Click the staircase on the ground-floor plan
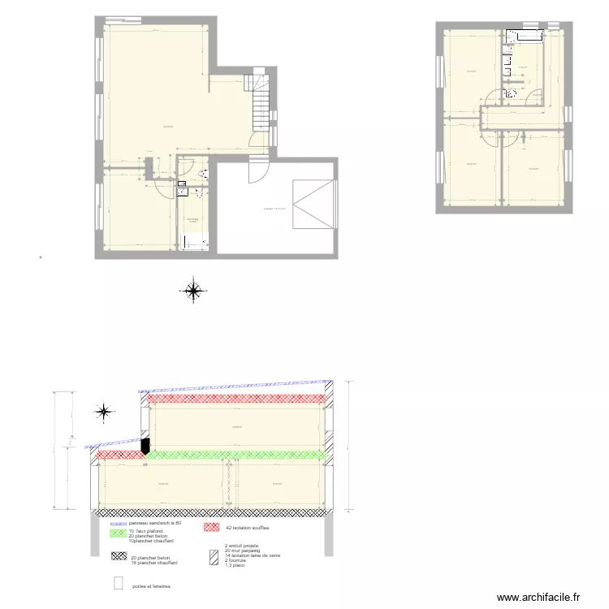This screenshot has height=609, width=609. tap(260, 101)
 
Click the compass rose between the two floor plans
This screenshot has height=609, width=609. tap(193, 290)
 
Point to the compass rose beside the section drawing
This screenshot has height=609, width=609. tap(104, 412)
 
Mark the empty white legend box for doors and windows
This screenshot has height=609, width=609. tap(118, 583)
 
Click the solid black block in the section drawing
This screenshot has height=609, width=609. tap(146, 446)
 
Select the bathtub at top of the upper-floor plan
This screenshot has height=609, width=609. tap(525, 37)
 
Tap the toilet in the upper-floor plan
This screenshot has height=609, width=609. tap(512, 94)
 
